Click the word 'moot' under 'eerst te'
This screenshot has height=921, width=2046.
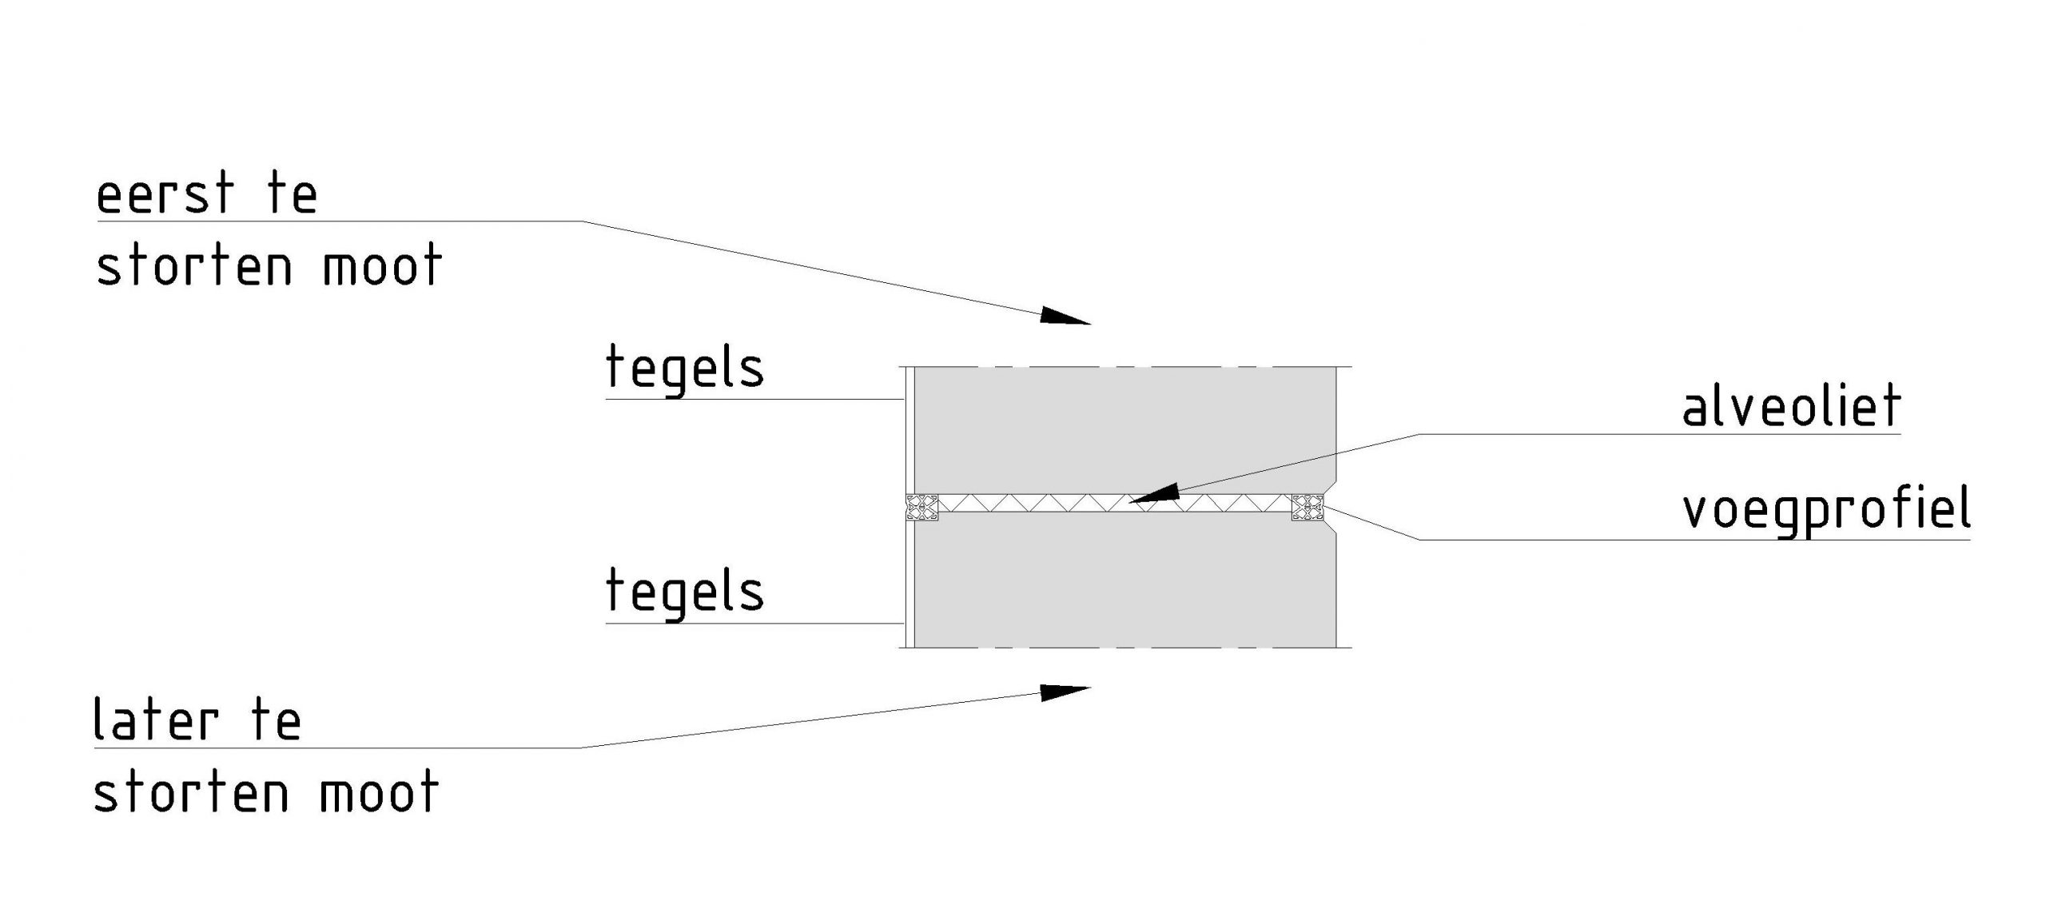[382, 265]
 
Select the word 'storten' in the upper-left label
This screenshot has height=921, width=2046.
[194, 265]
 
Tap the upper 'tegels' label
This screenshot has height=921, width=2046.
[685, 369]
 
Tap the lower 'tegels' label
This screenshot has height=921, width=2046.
[685, 592]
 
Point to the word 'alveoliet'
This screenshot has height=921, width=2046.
[1791, 407]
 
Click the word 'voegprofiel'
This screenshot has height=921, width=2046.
[1826, 509]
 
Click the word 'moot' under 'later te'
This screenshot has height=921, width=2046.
[379, 792]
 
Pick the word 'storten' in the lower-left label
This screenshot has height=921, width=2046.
[191, 792]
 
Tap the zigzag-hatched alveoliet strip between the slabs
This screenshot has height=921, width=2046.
[1039, 504]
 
